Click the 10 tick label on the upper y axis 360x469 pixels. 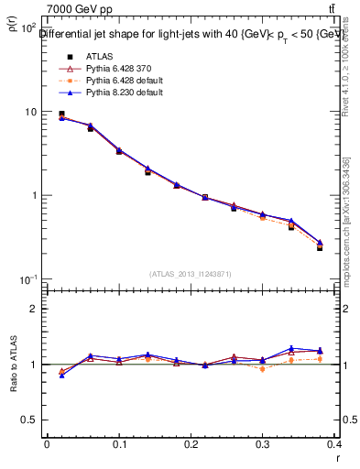pos(28,112)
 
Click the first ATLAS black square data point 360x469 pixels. pos(61,115)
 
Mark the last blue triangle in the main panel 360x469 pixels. pos(320,243)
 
